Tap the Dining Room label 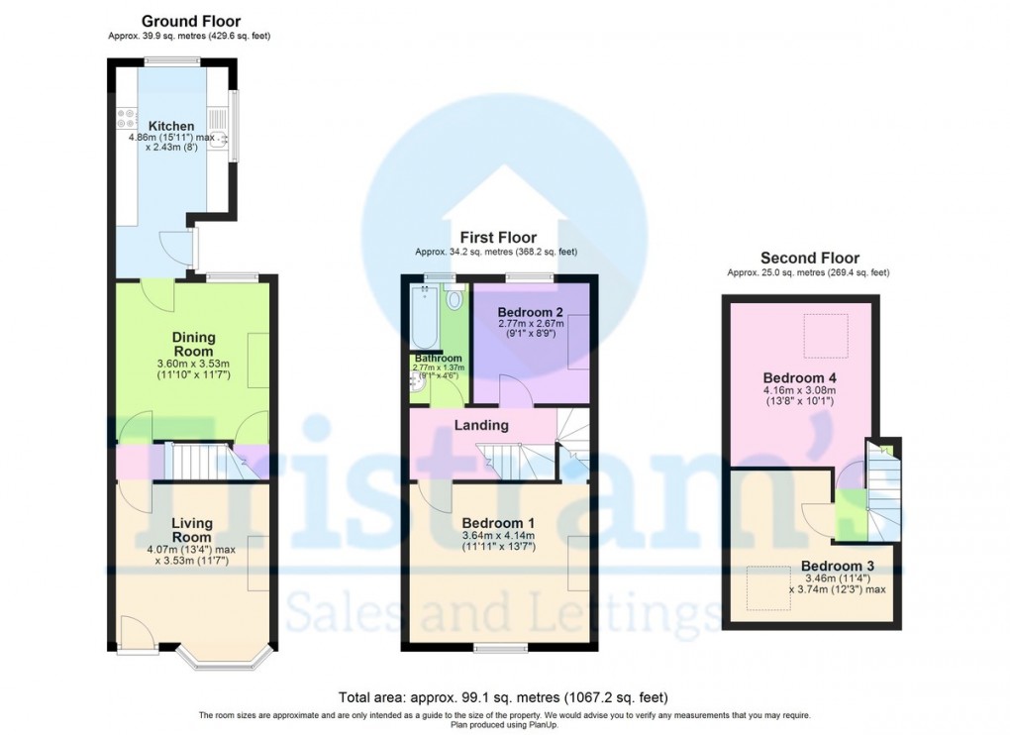pos(194,344)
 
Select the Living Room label pos(191,530)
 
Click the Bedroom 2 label pos(531,312)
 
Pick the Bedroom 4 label pos(793,378)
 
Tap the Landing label pos(481,425)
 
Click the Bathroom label pos(438,359)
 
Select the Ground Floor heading pos(190,21)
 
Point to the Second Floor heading pos(808,259)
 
